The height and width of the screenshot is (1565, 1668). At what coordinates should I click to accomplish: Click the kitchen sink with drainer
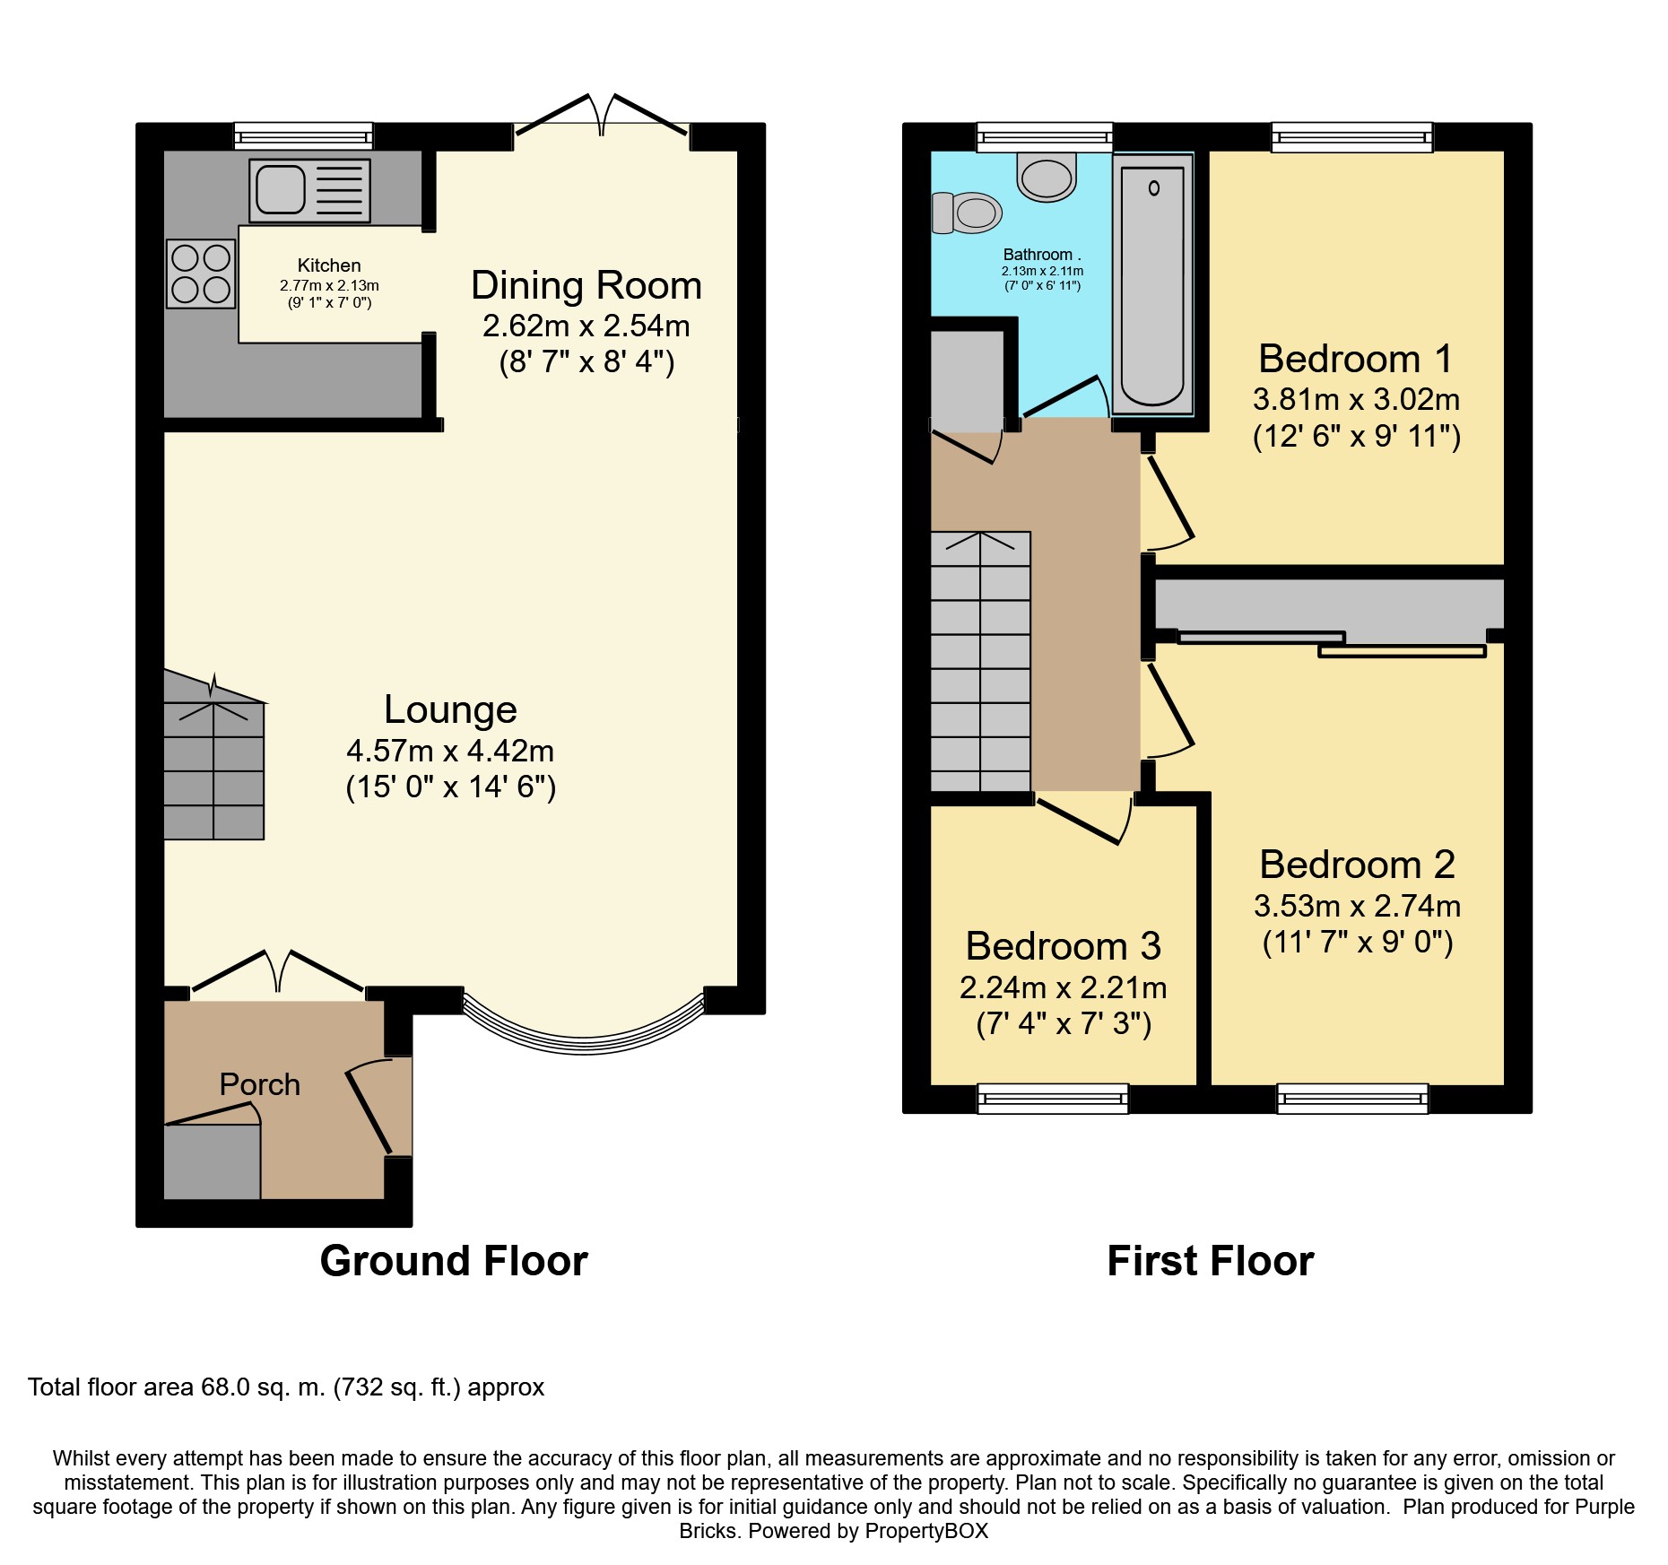(x=309, y=190)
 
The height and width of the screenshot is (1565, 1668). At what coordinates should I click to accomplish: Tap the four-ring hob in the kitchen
(x=201, y=274)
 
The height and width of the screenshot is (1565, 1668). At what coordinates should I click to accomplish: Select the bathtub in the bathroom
(x=1153, y=284)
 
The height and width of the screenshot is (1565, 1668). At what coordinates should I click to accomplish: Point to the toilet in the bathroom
(x=967, y=213)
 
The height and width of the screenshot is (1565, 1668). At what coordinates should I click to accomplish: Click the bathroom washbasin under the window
(x=1047, y=176)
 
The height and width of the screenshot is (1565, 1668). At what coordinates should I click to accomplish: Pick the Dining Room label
(x=586, y=285)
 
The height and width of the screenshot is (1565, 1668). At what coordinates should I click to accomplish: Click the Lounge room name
(x=450, y=709)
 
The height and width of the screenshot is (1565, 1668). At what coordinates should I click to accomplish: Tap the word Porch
(x=260, y=1084)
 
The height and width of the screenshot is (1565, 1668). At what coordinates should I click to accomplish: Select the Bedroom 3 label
(x=1064, y=946)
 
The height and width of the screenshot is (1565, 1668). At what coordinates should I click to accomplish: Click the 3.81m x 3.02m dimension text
(x=1357, y=399)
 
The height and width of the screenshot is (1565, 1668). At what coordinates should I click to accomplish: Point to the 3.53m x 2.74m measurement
(x=1358, y=906)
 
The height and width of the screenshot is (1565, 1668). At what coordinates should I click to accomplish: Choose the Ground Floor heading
(x=454, y=1261)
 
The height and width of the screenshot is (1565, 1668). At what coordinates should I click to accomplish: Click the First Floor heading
(x=1211, y=1261)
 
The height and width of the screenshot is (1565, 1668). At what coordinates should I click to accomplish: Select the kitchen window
(x=303, y=136)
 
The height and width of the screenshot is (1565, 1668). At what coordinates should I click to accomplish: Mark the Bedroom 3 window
(x=1053, y=1099)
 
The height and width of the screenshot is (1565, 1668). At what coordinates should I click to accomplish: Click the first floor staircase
(x=980, y=662)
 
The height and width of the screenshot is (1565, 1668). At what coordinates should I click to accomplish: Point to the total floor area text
(x=286, y=1387)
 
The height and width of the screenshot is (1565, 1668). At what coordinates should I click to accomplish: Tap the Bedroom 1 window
(x=1352, y=136)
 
